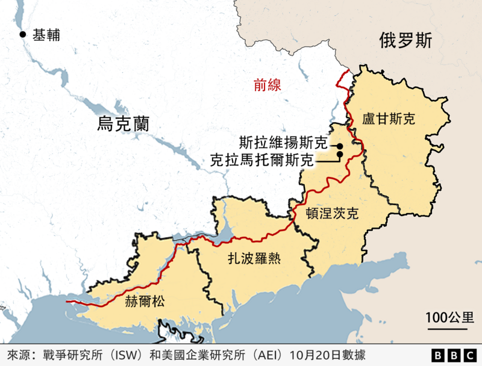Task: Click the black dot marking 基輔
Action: pos(23,35)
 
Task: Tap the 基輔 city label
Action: pos(46,35)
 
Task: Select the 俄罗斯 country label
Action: pos(405,40)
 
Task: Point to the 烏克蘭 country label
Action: pos(122,125)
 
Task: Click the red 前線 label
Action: pos(267,85)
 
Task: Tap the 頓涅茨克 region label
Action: pos(332,214)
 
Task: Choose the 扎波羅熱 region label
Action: pos(254,258)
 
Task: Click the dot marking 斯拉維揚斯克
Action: pos(340,146)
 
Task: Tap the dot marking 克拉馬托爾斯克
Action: pos(340,155)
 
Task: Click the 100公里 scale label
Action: pos(449,317)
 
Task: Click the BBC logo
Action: pos(454,355)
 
